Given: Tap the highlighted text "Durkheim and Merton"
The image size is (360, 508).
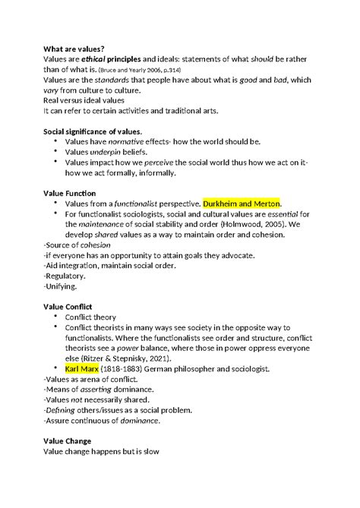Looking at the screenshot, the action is tap(242, 204).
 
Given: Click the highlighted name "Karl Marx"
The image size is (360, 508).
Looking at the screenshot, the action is tap(81, 369).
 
